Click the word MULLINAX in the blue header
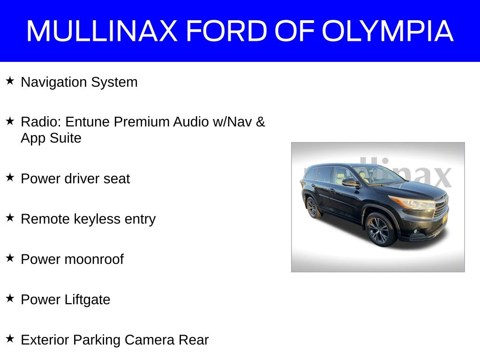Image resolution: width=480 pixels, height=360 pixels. (102, 30)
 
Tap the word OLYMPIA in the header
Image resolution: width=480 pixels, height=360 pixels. (388, 30)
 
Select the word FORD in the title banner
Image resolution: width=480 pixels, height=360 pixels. (227, 30)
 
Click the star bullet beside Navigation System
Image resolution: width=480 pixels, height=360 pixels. (10, 81)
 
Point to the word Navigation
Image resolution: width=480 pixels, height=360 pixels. (54, 82)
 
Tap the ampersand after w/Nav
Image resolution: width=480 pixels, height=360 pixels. (261, 122)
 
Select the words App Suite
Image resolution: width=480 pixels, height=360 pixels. (51, 138)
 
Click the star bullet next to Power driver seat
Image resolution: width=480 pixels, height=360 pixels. (10, 178)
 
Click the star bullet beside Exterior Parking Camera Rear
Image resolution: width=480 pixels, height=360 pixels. (10, 339)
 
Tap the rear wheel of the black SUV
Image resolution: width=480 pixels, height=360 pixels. (313, 208)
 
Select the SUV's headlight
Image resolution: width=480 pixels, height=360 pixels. (412, 203)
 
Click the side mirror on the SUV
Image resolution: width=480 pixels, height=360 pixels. (351, 183)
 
